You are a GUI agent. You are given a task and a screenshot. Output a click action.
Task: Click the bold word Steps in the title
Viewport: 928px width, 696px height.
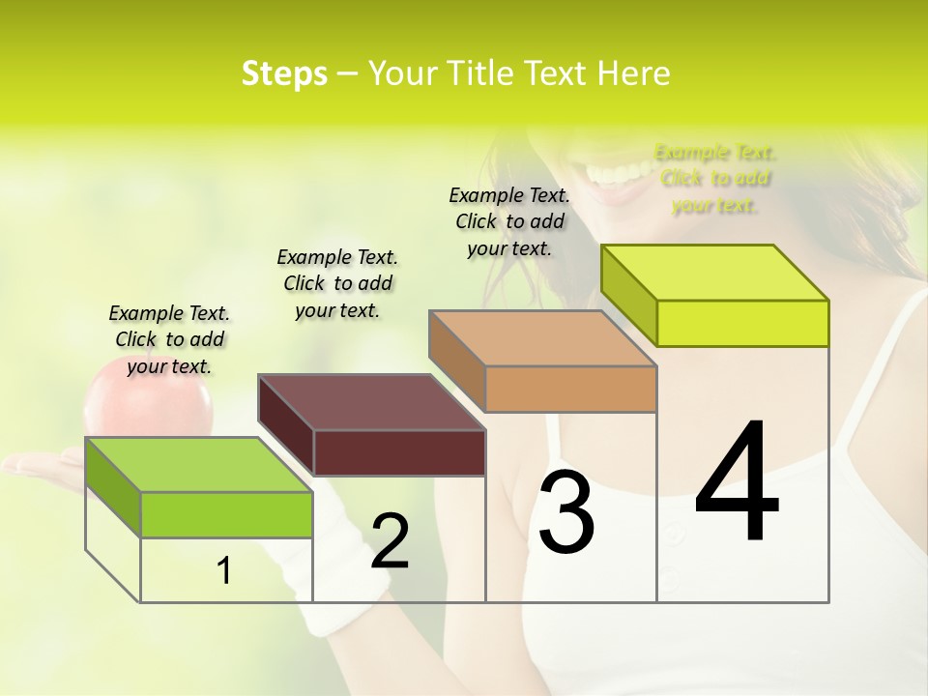284,74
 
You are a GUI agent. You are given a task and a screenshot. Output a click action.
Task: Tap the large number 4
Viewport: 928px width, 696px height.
737,483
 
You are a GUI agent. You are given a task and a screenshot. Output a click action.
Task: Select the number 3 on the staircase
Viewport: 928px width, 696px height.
565,512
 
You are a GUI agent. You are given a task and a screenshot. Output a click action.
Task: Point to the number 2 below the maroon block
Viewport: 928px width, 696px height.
390,541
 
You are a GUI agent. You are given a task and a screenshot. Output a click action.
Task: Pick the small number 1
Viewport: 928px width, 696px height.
224,571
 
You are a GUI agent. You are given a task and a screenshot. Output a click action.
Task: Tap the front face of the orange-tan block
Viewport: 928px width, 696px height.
570,390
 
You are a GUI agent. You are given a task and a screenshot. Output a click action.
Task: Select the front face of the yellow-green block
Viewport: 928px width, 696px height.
742,323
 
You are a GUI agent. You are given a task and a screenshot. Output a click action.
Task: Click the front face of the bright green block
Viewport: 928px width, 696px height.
226,514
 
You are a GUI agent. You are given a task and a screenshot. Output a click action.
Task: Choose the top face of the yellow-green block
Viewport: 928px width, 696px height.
715,272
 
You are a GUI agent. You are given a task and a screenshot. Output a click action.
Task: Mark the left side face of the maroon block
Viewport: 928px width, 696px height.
286,425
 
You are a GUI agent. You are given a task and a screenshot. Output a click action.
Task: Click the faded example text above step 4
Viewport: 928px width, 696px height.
715,179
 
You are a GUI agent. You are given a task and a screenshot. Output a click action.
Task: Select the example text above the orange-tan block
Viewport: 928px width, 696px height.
509,221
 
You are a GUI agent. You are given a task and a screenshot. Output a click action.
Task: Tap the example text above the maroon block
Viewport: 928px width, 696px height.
337,283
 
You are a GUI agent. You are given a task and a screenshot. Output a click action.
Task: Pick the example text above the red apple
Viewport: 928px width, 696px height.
169,339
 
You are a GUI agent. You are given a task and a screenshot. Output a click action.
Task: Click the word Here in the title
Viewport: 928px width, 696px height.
634,74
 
